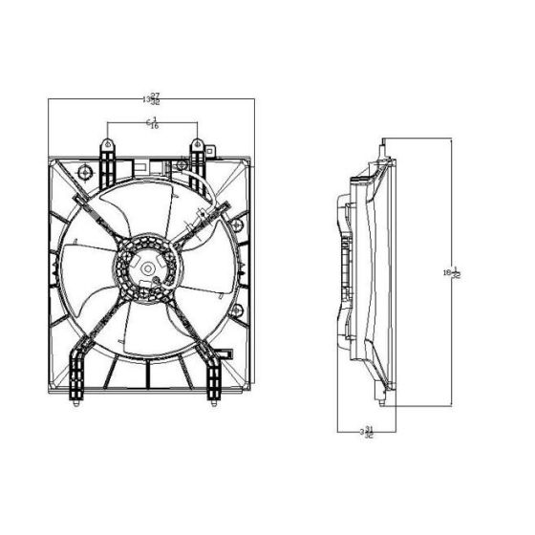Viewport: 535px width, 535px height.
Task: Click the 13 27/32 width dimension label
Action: click(x=150, y=97)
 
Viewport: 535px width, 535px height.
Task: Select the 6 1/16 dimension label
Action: click(x=151, y=122)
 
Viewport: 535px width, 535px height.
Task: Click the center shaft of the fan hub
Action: click(x=147, y=270)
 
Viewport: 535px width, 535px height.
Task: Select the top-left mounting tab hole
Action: click(x=104, y=145)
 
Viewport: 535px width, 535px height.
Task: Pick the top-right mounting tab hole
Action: click(x=196, y=145)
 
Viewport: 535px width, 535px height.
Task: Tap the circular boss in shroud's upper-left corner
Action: click(x=84, y=172)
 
